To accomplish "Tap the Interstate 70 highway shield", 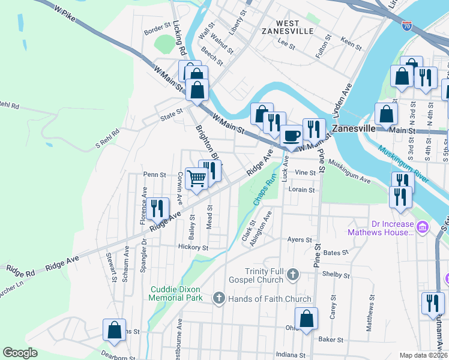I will (x=407, y=26).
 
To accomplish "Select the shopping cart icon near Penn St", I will (x=197, y=178).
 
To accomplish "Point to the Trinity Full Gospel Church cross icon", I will (x=292, y=274).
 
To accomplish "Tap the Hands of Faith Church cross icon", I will (x=219, y=298).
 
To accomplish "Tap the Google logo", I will (x=20, y=353).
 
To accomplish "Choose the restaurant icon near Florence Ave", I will (x=158, y=208).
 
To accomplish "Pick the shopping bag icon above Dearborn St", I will (x=114, y=329).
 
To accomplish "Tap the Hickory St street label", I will (x=193, y=247).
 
